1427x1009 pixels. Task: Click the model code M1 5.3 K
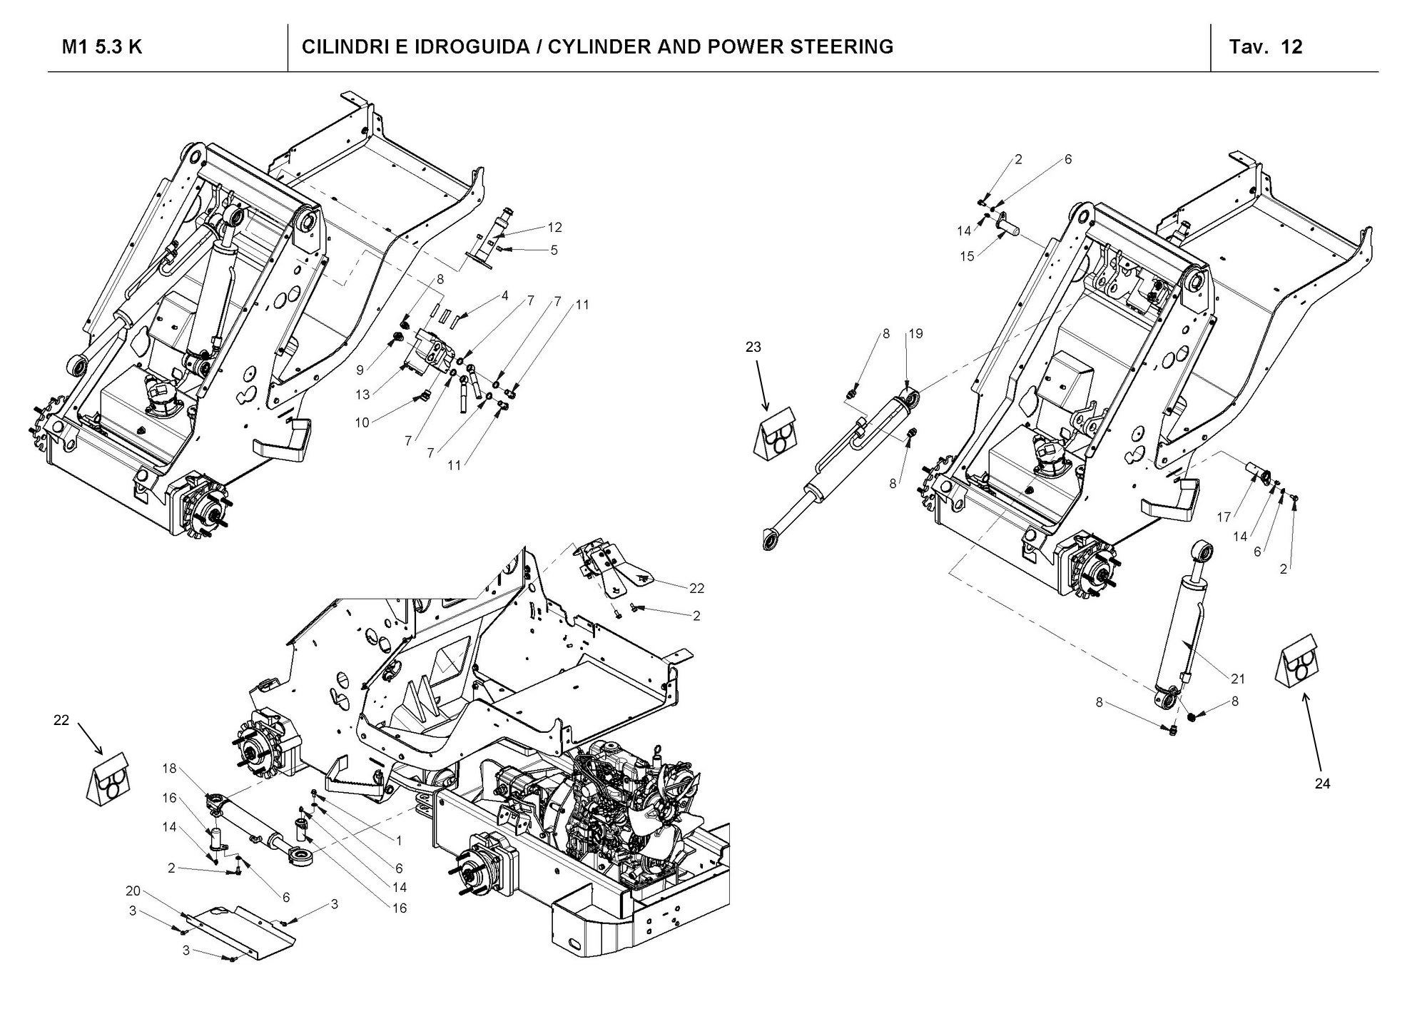pos(102,47)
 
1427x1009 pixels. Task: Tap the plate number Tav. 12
pos(1266,47)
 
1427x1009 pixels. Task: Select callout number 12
pos(554,228)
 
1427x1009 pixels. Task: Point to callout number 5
pos(554,250)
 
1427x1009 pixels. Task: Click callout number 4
pos(504,295)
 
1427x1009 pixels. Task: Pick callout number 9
pos(360,370)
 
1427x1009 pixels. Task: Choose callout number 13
pos(362,395)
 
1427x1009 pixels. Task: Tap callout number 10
pos(362,422)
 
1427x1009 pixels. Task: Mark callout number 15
pos(967,256)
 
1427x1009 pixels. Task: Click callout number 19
pos(915,333)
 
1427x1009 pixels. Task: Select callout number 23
pos(753,347)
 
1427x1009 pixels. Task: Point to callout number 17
pos(1224,517)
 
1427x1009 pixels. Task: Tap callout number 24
pos(1322,784)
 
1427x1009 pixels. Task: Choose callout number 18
pos(169,769)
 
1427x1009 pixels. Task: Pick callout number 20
pos(133,891)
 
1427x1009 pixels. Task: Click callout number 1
pos(400,841)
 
